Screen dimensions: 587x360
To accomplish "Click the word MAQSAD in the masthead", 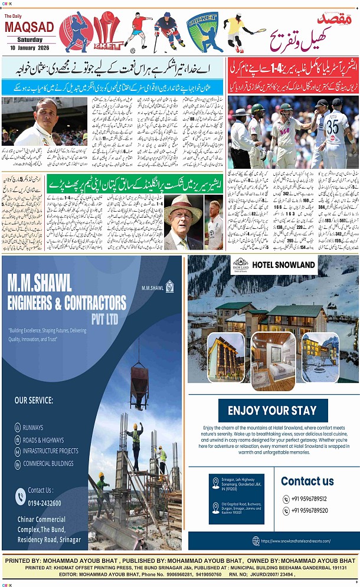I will [x=29, y=28].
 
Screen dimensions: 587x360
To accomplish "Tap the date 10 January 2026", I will [x=29, y=47].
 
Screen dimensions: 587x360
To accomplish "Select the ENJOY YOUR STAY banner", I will [x=273, y=410].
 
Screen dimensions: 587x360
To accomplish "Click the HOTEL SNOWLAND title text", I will [x=283, y=265].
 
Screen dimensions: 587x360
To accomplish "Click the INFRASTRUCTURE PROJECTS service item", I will [x=51, y=451].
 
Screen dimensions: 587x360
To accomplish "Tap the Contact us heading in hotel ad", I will [x=307, y=481].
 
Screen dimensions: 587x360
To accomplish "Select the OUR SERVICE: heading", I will [x=34, y=400].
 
